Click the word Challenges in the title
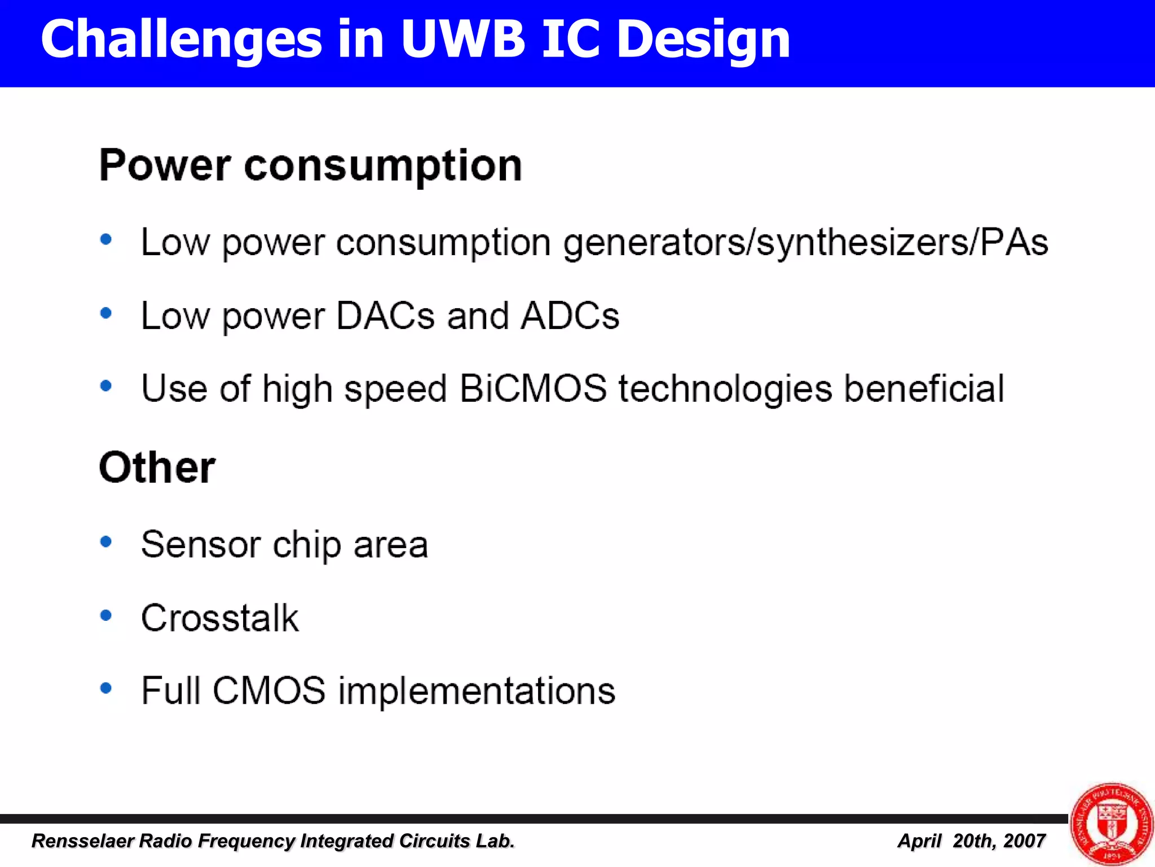(181, 40)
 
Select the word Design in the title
(703, 40)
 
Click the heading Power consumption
(310, 165)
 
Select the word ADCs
(570, 316)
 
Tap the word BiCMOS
(533, 389)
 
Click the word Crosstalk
(219, 618)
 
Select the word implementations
(477, 691)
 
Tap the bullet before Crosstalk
(105, 615)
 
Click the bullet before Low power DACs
(105, 313)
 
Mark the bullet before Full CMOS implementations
(105, 688)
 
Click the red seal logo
(1111, 824)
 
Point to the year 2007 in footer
(1025, 841)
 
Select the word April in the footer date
(919, 841)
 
